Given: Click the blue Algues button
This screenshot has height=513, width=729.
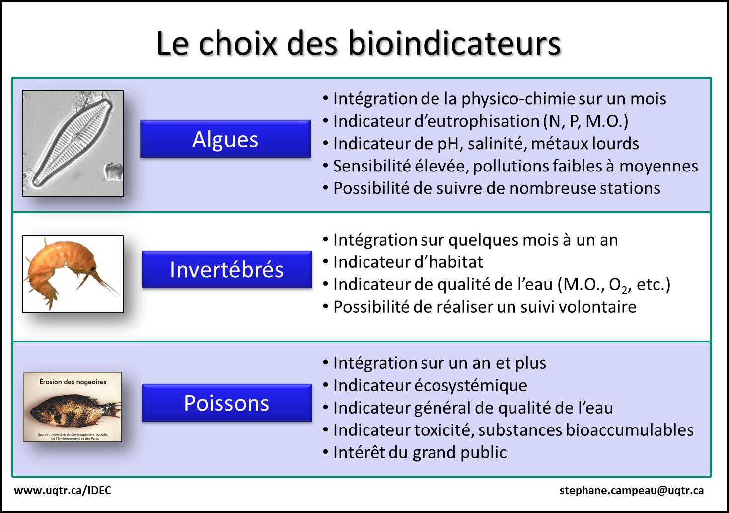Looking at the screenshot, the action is pos(225,139).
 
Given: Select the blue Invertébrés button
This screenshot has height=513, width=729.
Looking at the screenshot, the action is pos(226,269).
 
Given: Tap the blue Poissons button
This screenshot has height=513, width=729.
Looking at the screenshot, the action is pos(226,403).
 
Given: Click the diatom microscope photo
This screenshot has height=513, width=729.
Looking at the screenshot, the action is pos(73,144).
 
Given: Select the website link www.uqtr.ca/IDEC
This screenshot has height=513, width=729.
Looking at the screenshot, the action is pos(63,490).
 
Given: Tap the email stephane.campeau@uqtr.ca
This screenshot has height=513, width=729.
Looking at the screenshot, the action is pos(631,491).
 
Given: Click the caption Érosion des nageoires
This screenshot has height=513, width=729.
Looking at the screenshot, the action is pos(73,381).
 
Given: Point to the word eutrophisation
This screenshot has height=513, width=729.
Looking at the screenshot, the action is pos(477,121).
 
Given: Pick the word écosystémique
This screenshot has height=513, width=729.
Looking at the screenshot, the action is pos(471,386).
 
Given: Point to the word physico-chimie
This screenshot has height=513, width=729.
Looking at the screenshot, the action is pos(518,99).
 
